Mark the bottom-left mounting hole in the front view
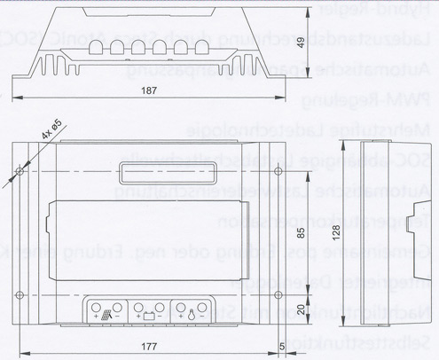[x=20, y=293]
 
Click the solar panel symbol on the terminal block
[x=106, y=310]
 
